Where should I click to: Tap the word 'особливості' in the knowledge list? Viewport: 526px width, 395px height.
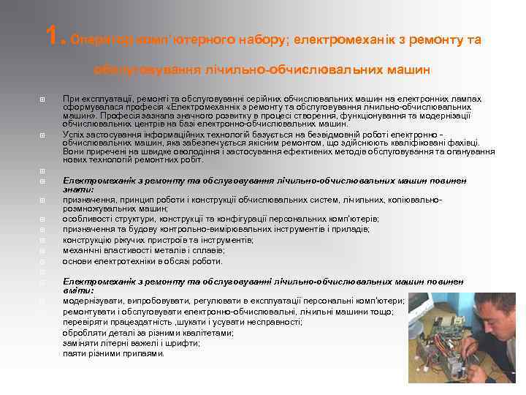[88, 218]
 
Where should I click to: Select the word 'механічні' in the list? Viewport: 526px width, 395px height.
[83, 249]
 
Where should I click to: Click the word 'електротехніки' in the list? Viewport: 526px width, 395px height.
[123, 260]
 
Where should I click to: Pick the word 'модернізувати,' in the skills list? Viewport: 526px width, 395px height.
[94, 301]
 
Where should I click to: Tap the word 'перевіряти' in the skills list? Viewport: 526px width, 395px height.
[85, 321]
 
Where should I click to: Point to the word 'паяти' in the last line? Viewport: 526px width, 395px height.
[74, 353]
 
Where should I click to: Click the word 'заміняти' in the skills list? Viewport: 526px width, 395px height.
[81, 342]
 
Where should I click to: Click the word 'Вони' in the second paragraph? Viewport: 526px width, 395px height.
[74, 151]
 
